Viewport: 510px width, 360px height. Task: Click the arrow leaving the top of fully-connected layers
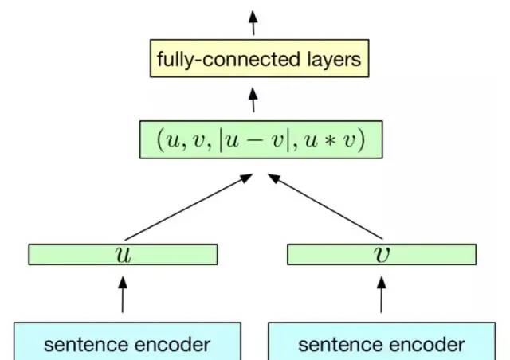[254, 22]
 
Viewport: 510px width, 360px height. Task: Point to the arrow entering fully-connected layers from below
[254, 100]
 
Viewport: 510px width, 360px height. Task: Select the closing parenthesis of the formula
[362, 142]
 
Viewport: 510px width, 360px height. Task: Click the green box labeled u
[123, 254]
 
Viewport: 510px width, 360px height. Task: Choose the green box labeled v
[381, 254]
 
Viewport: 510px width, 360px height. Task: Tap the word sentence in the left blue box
[80, 345]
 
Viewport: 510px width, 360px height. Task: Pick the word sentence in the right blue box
[334, 345]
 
